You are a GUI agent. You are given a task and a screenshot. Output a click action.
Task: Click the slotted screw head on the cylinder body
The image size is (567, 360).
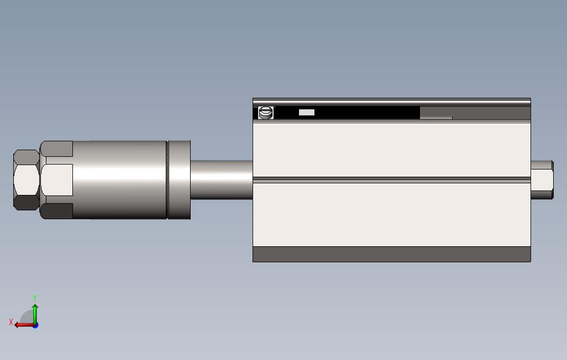tap(266, 113)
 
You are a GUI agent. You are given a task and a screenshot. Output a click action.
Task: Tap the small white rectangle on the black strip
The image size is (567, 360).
tap(307, 113)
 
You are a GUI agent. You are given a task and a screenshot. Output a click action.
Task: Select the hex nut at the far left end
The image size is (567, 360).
tap(26, 179)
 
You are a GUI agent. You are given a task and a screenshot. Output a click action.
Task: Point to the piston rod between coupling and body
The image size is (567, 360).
tap(221, 179)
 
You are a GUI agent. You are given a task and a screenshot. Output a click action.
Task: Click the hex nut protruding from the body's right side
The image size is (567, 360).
tap(542, 179)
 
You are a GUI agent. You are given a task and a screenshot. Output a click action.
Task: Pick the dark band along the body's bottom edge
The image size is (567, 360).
tap(391, 254)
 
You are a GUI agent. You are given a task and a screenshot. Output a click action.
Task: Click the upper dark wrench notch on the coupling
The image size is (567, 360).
tap(57, 149)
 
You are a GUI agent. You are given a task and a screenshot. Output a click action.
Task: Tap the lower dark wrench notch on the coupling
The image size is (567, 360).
tap(57, 211)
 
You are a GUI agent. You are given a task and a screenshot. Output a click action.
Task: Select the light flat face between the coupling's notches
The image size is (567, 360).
tap(57, 179)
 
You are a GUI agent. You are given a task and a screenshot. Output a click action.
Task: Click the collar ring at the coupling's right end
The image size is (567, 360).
tap(179, 179)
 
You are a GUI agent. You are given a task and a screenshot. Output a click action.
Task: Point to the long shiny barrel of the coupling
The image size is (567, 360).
tap(119, 179)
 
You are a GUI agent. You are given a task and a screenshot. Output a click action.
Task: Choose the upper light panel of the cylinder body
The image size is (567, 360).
tap(391, 149)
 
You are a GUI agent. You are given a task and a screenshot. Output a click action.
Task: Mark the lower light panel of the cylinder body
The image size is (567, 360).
tap(391, 214)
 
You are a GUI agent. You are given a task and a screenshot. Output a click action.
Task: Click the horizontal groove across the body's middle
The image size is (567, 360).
tap(391, 179)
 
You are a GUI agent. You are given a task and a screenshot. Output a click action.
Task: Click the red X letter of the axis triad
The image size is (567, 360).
tap(11, 321)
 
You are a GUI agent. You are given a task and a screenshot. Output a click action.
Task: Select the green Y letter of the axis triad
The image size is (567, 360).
tap(35, 298)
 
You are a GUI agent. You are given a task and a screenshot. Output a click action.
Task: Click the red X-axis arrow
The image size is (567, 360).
tap(22, 325)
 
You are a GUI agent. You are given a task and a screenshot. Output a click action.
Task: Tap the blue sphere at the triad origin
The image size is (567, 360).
tap(35, 325)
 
